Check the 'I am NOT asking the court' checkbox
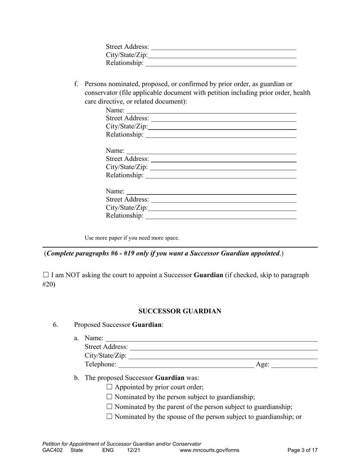(45, 275)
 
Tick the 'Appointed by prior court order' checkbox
(110, 387)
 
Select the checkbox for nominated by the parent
(110, 407)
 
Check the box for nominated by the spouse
(110, 416)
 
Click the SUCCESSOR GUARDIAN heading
(180, 311)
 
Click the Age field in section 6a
(294, 364)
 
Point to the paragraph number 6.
(56, 325)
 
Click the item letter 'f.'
(77, 84)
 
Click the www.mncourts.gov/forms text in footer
(210, 450)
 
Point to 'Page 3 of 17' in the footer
(302, 450)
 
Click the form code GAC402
(52, 450)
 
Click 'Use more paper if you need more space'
(132, 238)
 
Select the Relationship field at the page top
(221, 63)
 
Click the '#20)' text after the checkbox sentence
(49, 284)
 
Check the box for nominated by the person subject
(110, 397)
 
